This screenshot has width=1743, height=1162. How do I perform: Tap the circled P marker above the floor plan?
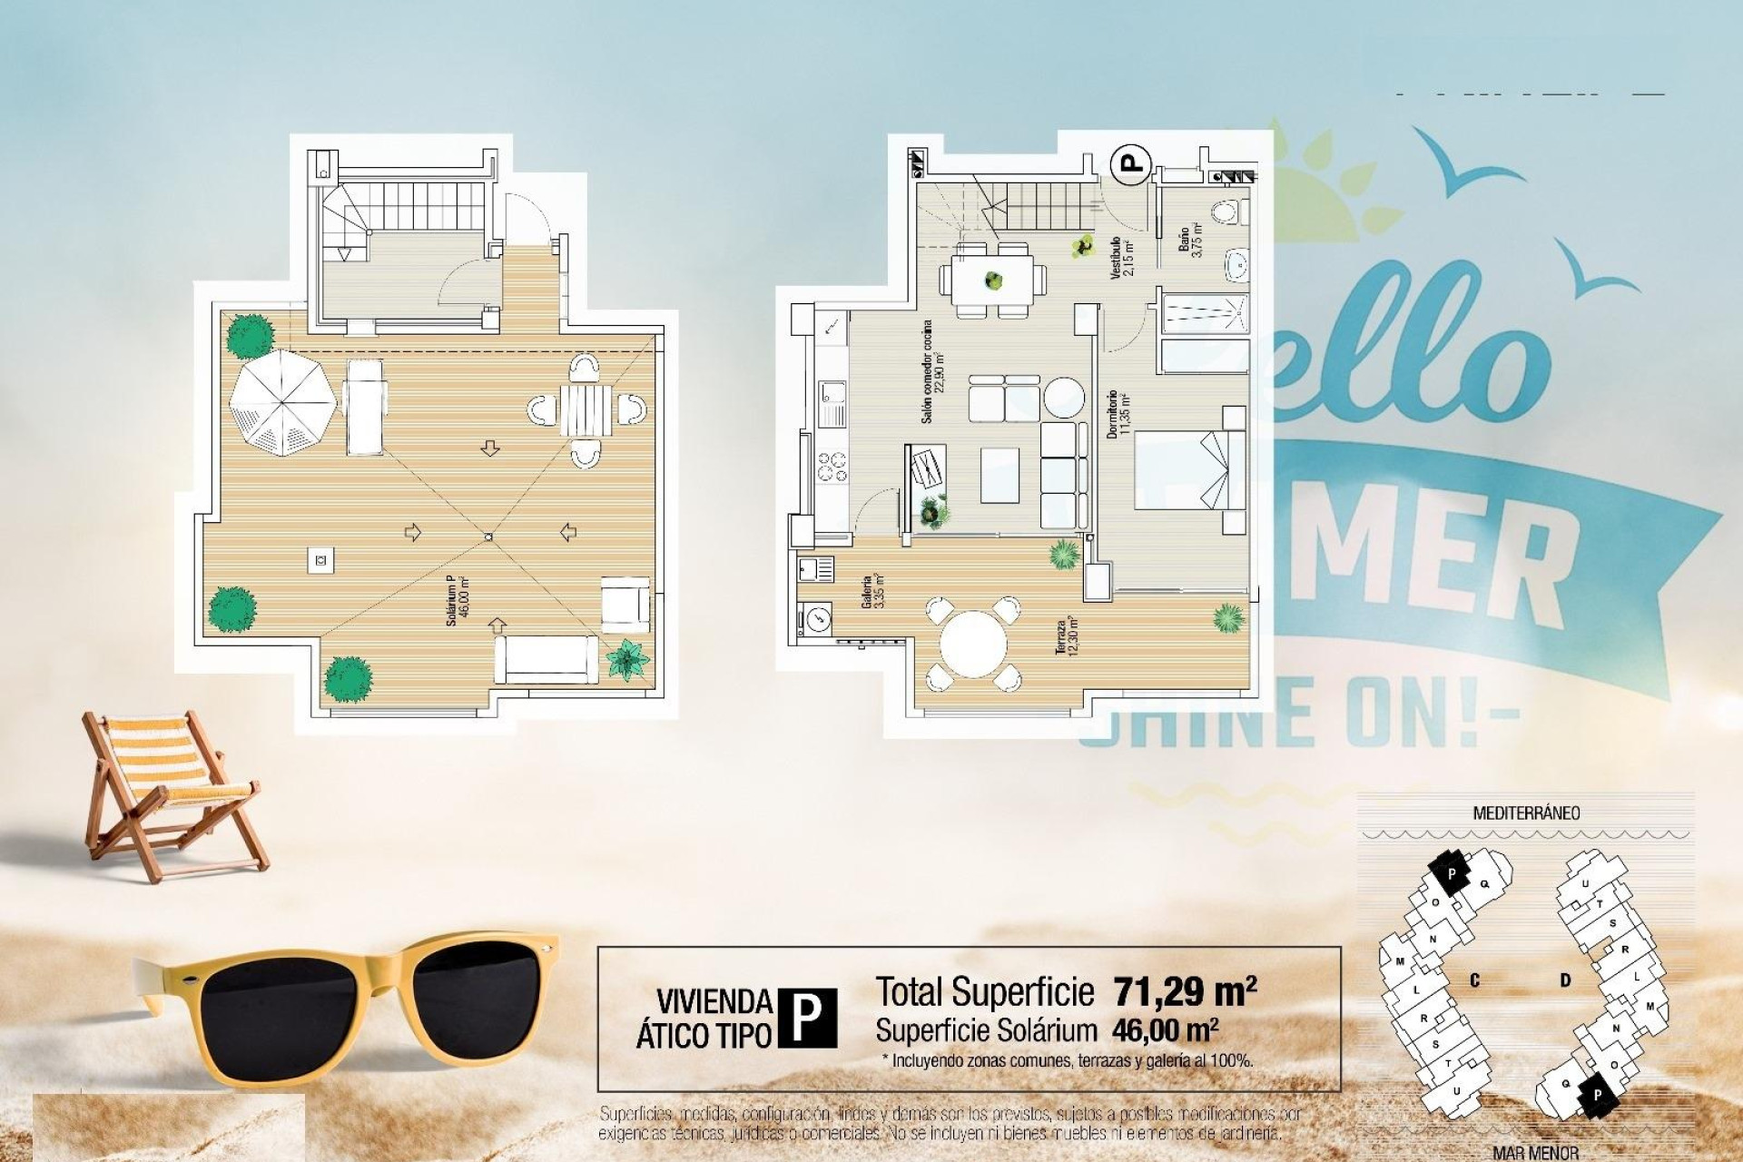click(x=1131, y=163)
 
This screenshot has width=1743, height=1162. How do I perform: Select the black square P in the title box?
click(x=808, y=1018)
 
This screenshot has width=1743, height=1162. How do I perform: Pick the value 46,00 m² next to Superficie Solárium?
click(x=1165, y=1030)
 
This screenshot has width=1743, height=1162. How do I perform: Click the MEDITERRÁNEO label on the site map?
click(x=1525, y=813)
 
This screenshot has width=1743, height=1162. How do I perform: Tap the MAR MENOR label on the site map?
click(x=1535, y=1153)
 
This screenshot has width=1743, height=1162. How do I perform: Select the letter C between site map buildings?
click(x=1474, y=980)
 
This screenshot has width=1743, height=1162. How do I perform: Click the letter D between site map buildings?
click(x=1566, y=980)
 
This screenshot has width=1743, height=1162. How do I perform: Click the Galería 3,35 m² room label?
click(x=872, y=591)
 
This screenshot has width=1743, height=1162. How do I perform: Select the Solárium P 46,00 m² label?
click(x=457, y=605)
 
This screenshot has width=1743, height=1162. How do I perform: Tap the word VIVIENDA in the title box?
click(x=714, y=1002)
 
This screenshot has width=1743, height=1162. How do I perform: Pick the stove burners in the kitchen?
click(x=832, y=467)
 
